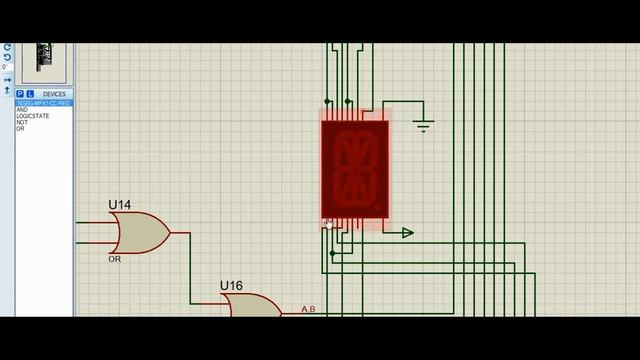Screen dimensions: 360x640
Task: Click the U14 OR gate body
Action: tap(141, 233)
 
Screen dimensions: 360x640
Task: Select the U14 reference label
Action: tap(120, 205)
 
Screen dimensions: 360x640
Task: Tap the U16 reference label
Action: tap(231, 286)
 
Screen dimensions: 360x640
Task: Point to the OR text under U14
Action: tap(114, 259)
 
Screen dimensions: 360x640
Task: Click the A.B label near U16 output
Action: tap(308, 309)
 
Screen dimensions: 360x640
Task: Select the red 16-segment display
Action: tap(354, 169)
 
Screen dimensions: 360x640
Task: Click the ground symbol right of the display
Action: tap(423, 126)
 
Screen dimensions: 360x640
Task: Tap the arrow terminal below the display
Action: tap(407, 233)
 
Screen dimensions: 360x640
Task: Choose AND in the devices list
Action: tap(22, 110)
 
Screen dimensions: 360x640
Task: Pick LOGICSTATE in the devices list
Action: tap(32, 116)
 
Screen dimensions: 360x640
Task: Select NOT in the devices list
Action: tap(22, 122)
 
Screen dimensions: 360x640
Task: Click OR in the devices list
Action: tap(20, 128)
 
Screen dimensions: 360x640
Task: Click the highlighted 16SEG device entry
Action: tap(42, 103)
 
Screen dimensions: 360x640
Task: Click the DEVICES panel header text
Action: tap(54, 94)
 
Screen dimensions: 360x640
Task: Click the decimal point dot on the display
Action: tap(377, 209)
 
